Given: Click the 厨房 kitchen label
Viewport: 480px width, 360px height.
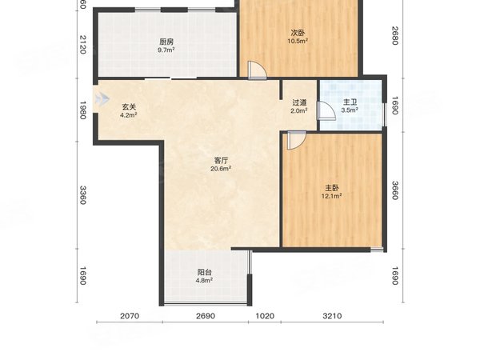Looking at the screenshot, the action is click(x=166, y=42).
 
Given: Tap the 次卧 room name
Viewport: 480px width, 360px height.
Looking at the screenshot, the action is click(x=298, y=33).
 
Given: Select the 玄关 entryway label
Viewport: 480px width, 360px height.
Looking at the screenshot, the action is click(x=129, y=107).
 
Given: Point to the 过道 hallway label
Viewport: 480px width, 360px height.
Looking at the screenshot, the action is click(x=299, y=102).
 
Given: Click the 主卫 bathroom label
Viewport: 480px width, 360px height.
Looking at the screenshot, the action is click(x=350, y=102).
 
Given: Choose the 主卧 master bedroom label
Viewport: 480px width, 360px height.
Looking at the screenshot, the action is click(x=332, y=188).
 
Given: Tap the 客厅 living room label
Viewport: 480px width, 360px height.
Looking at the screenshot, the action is click(x=221, y=161).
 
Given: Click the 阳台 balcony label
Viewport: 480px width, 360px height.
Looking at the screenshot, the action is click(x=205, y=272).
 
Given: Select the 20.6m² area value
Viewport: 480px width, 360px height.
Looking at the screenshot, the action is click(x=221, y=168).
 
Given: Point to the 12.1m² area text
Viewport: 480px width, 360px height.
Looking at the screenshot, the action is click(x=332, y=196).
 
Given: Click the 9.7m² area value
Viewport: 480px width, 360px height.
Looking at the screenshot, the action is click(x=166, y=50).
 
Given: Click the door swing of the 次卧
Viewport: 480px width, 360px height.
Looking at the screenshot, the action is click(x=257, y=70).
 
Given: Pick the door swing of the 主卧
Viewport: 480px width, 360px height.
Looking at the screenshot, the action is click(x=297, y=140).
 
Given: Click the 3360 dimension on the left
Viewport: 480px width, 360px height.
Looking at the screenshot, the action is click(x=83, y=195).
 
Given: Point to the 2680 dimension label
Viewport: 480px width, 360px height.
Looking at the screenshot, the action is click(x=395, y=35).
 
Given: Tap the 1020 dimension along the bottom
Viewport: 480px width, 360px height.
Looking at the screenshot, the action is click(x=265, y=316).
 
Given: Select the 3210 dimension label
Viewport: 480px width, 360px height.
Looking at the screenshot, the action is click(x=332, y=316).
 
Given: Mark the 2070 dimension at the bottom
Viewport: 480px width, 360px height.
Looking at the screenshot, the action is click(x=130, y=316).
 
